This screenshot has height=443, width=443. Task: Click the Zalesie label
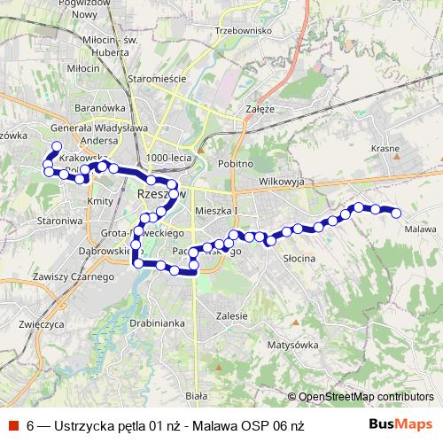(230, 315)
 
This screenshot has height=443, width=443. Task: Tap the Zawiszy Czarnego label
(73, 277)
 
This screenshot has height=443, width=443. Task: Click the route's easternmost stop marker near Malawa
(396, 212)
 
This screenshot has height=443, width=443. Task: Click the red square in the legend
(13, 425)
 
